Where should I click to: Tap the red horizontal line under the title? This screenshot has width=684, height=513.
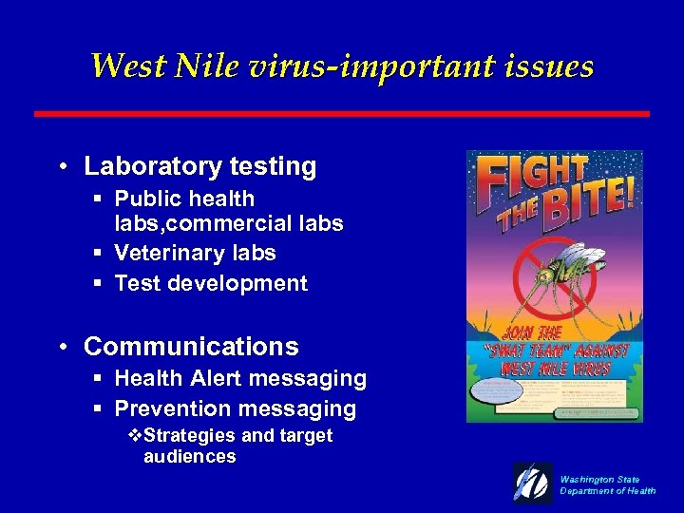[342, 113]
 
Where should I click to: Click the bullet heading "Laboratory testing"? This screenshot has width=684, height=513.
[199, 166]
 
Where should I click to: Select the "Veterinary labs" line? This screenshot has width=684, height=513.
[195, 253]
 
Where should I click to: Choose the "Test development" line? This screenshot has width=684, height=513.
[211, 283]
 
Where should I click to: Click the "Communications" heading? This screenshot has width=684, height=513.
[191, 347]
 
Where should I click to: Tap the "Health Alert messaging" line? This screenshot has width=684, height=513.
[240, 378]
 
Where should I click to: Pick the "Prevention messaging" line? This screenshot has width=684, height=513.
[235, 409]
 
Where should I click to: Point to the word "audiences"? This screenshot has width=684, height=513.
[189, 457]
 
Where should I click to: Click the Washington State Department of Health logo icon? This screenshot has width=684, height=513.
[533, 482]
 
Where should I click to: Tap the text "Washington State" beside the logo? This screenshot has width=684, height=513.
[599, 480]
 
